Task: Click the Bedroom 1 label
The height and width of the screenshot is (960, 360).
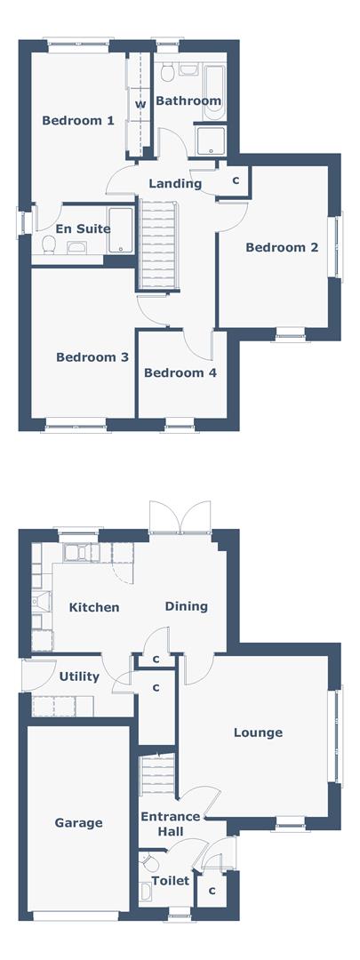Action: coord(78,121)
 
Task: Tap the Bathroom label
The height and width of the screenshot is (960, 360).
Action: coord(188,101)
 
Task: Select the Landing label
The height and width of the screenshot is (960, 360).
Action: coord(175,184)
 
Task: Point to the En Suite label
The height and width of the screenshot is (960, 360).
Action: coord(83,228)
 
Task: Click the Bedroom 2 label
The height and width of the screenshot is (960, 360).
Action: coord(282,248)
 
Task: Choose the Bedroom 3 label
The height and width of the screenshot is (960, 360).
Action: coord(92,357)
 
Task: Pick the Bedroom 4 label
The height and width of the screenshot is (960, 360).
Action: coord(180,373)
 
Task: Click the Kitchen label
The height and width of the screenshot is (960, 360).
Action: coord(94,608)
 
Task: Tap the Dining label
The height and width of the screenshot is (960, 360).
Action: coord(187,606)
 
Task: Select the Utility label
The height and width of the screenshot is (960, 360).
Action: coord(79,676)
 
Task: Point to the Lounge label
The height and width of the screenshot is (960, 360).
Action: coord(258,732)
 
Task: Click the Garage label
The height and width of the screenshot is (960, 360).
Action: coord(78,823)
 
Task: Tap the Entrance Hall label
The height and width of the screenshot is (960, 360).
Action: coord(169,823)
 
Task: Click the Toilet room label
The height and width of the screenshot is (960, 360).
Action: coord(170,881)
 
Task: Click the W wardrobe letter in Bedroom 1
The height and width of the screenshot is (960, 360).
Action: coord(140,104)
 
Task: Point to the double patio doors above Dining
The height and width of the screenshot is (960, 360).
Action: coord(180,517)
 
